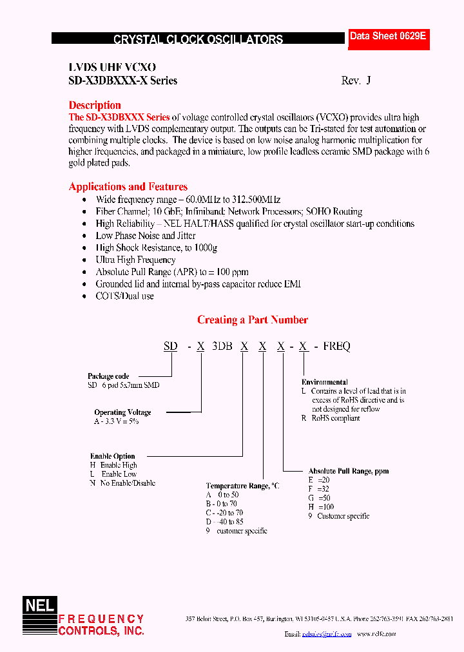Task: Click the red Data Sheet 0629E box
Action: pyautogui.click(x=388, y=37)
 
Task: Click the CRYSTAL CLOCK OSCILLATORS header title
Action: pyautogui.click(x=198, y=39)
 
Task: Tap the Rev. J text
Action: pyautogui.click(x=356, y=81)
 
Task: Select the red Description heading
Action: pyautogui.click(x=95, y=105)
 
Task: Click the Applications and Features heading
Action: pyautogui.click(x=128, y=187)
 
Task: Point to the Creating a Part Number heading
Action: pyautogui.click(x=252, y=320)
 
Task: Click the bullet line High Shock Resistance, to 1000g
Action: pyautogui.click(x=157, y=248)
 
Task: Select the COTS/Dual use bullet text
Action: pyautogui.click(x=124, y=296)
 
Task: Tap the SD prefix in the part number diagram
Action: pyautogui.click(x=170, y=347)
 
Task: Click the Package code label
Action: pyautogui.click(x=108, y=376)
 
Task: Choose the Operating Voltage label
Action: pyautogui.click(x=122, y=412)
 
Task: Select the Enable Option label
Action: pyautogui.click(x=112, y=456)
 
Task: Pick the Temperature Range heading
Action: pyautogui.click(x=242, y=486)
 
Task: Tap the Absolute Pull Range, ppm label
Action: pyautogui.click(x=348, y=471)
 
